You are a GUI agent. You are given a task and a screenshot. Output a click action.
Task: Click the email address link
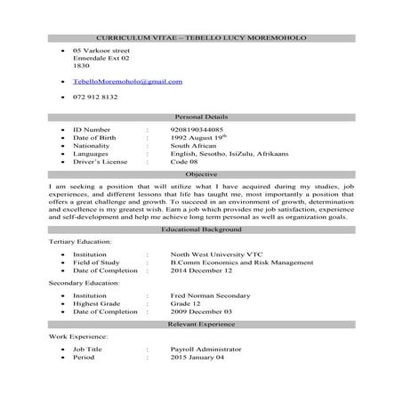pos(127,81)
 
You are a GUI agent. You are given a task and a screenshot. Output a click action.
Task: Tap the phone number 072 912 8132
pos(94,98)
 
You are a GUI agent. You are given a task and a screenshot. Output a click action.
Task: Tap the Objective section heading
pos(201,175)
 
